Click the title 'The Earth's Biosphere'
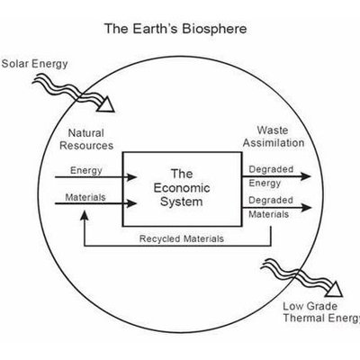[x=175, y=29]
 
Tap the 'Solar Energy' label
[x=34, y=64]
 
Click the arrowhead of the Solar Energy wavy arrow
[x=105, y=104]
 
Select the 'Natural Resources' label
[x=86, y=139]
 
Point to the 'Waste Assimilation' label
[x=274, y=137]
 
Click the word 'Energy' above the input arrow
[x=86, y=170]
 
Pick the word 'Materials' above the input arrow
[x=85, y=197]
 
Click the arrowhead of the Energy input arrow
[x=130, y=177]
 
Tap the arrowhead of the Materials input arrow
[x=130, y=203]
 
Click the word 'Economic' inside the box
[x=182, y=188]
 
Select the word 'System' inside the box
[x=182, y=202]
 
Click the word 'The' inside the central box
[x=182, y=174]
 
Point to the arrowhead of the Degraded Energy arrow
[x=305, y=176]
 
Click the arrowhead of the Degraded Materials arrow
[x=305, y=208]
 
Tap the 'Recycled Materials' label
[x=182, y=238]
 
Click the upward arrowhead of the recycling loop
[x=85, y=215]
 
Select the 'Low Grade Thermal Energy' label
[x=321, y=312]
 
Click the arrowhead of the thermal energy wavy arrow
[x=334, y=290]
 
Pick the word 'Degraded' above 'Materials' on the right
[x=271, y=200]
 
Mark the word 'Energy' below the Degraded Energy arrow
[x=265, y=183]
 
